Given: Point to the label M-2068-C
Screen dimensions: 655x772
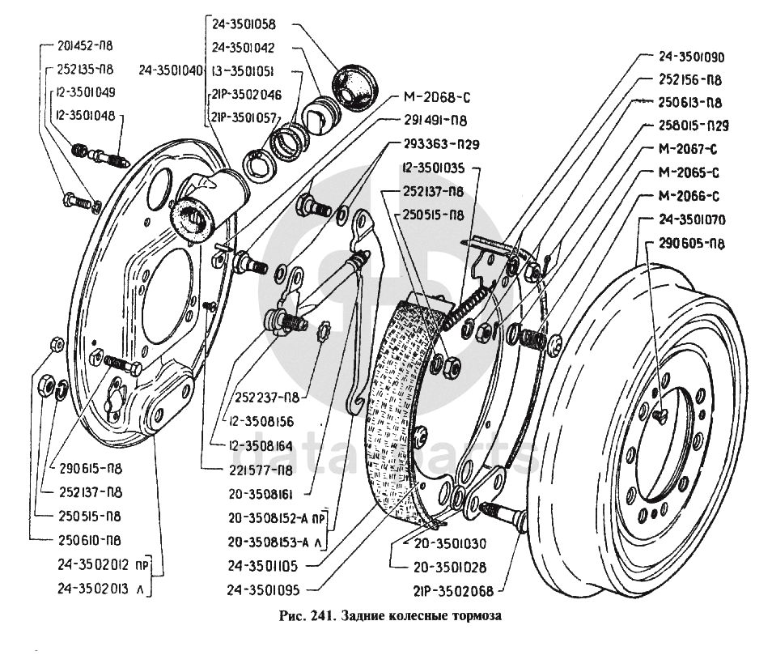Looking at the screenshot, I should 437,99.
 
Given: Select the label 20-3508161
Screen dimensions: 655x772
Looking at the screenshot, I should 259,491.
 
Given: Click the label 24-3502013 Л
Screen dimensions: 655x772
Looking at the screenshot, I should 104,588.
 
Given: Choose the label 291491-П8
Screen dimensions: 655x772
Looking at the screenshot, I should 436,122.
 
